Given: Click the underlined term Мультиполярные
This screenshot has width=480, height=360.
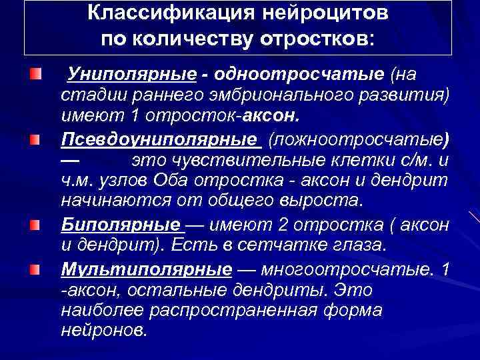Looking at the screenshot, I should point(146,269).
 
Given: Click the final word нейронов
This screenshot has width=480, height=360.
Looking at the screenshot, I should point(103,331).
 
